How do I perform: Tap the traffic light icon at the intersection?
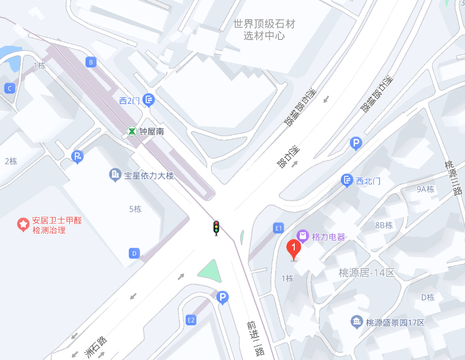(x=216, y=228)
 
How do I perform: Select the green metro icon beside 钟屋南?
(x=132, y=132)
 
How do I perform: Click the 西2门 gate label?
(x=130, y=100)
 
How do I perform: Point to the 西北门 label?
(x=368, y=181)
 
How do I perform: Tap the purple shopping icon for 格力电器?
(x=303, y=236)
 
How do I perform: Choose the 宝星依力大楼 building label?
(x=148, y=176)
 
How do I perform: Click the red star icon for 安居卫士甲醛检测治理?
(x=23, y=225)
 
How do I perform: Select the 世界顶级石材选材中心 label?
(x=264, y=30)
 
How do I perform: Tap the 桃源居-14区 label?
(x=367, y=273)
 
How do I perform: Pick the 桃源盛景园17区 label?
(x=395, y=323)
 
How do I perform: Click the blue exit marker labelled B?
(x=90, y=62)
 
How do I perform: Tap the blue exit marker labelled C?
(x=9, y=88)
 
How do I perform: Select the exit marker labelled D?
(x=134, y=253)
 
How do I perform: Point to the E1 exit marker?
(x=279, y=228)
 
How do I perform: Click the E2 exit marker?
(x=191, y=320)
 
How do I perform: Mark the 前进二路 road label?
(x=257, y=338)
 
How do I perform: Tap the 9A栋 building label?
(x=425, y=189)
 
